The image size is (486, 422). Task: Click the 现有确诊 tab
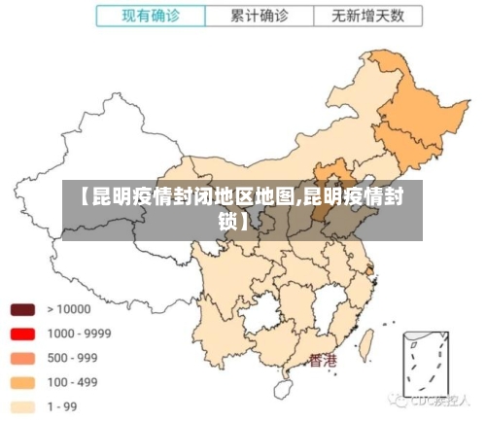[151, 17]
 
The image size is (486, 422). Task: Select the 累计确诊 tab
[260, 17]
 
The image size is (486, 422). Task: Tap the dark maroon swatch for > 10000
[23, 309]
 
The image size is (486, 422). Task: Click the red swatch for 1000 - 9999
[23, 334]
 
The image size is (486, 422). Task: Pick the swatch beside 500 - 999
[23, 358]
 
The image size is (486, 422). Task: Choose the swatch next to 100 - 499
[23, 382]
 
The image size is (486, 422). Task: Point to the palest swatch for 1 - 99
[23, 406]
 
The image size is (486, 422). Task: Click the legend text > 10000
[68, 309]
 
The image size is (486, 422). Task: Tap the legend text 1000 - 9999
[79, 334]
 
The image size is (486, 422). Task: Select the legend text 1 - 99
[64, 406]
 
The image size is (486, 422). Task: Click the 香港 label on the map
[323, 361]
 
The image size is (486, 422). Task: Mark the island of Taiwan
[367, 343]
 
